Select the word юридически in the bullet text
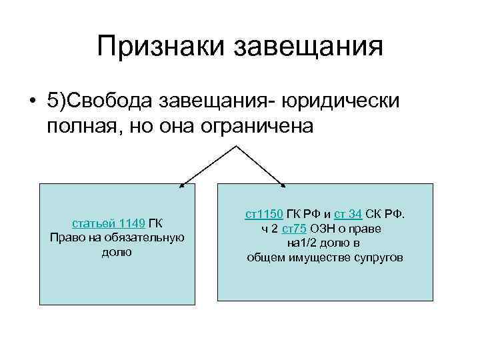tap(341, 101)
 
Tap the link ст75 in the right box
tap(294, 229)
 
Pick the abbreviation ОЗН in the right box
tap(323, 229)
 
